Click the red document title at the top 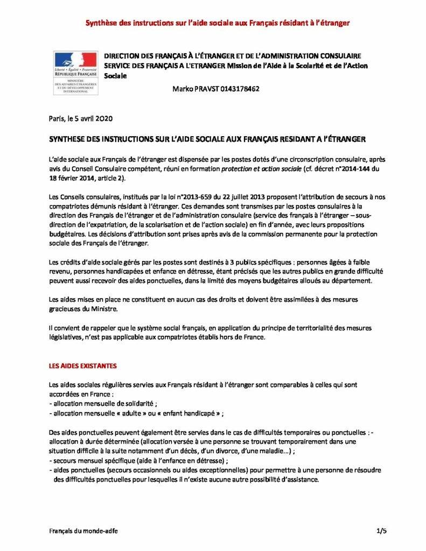coord(219,23)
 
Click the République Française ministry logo coord(75,73)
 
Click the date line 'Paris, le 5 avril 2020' coord(80,118)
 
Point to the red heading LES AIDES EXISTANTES coord(82,366)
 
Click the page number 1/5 coord(381,531)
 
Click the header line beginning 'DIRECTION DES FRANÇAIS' coord(232,56)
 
